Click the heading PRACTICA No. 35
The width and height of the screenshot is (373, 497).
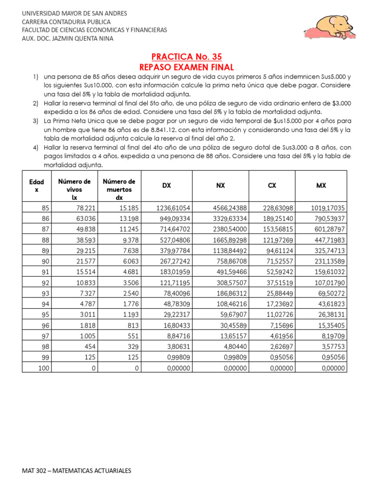point(186,57)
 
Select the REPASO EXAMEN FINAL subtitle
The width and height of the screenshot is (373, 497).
point(186,67)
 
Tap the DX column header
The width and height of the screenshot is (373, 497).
point(167,185)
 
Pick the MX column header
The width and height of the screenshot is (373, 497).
point(321,185)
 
